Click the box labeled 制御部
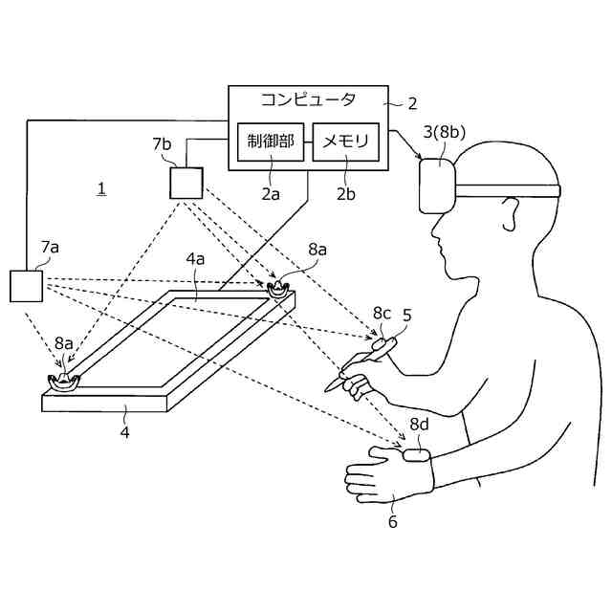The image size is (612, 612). [271, 143]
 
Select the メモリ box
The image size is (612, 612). [347, 143]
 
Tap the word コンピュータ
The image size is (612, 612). [309, 99]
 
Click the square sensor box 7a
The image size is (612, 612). [25, 287]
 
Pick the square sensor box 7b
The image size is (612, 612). [186, 182]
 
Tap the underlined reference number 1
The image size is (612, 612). [101, 188]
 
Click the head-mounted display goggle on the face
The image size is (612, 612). [439, 186]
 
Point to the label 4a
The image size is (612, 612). [196, 258]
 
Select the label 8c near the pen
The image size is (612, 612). [382, 313]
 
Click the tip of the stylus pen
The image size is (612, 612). [329, 387]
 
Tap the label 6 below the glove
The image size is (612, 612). [392, 522]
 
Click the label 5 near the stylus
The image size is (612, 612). [406, 314]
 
